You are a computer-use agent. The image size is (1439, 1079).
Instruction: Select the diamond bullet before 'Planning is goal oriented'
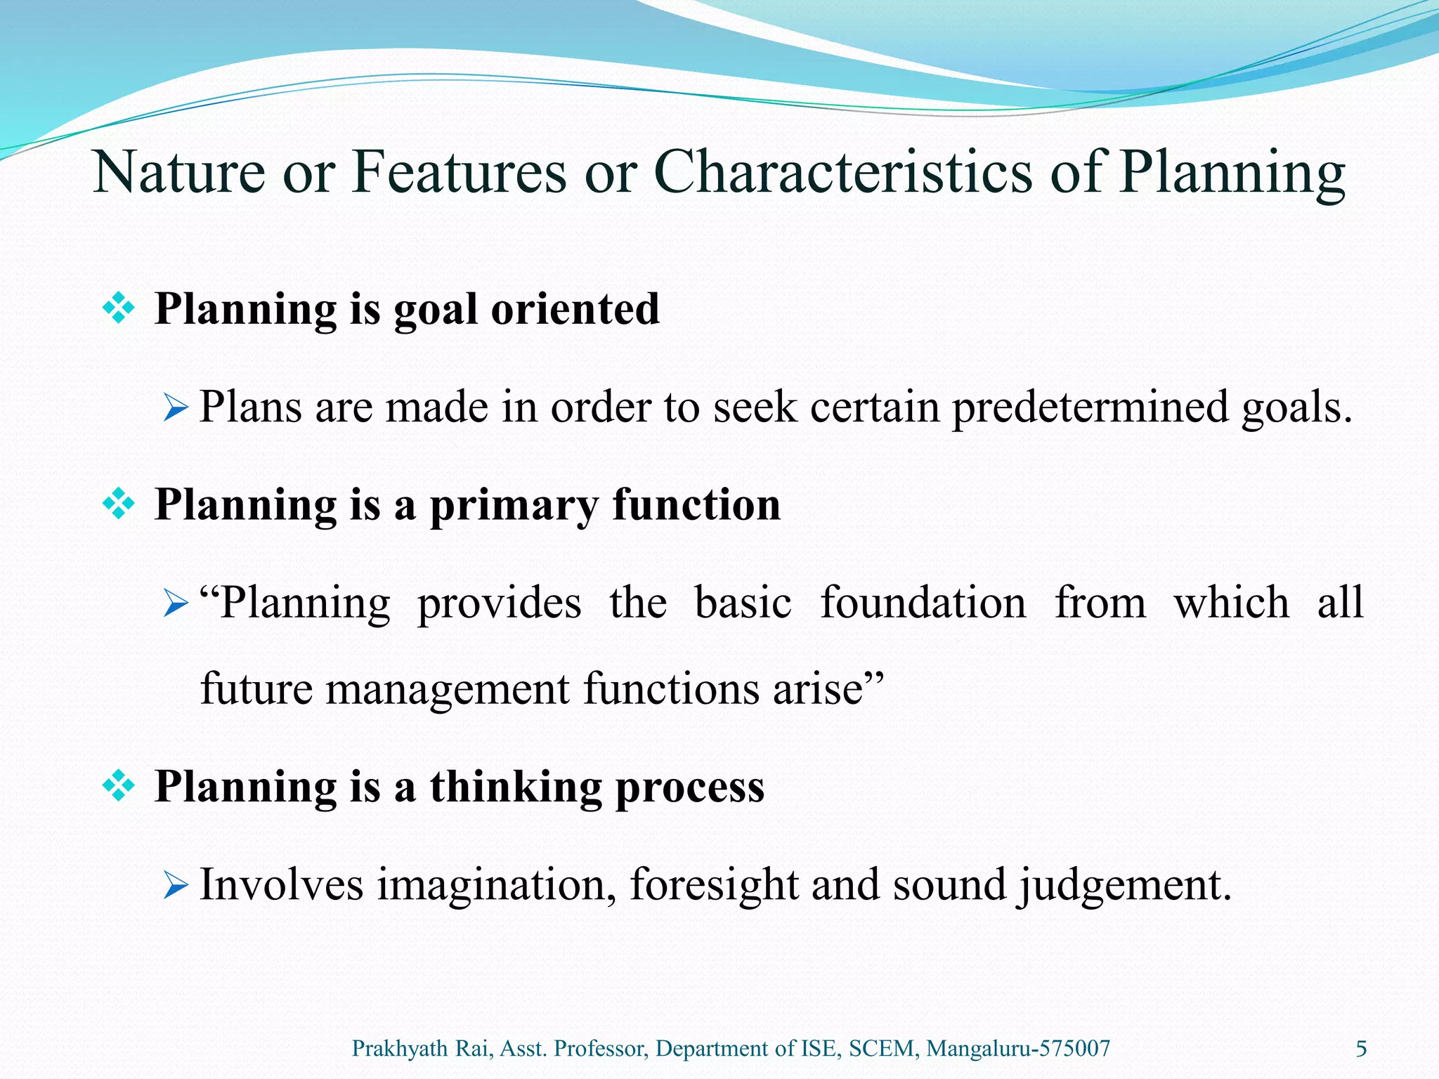(119, 308)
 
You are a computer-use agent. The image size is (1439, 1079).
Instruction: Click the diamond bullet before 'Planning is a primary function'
(119, 504)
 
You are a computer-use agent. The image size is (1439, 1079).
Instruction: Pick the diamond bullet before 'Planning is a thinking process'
(119, 785)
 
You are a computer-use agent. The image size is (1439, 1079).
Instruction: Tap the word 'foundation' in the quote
(923, 603)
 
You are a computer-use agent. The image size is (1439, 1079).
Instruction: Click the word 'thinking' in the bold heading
(516, 787)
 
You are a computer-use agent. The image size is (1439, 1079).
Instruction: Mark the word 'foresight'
(713, 885)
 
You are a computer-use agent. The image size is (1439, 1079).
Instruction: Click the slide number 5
(1361, 1049)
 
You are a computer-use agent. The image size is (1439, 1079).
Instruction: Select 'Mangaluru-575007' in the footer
(1018, 1049)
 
